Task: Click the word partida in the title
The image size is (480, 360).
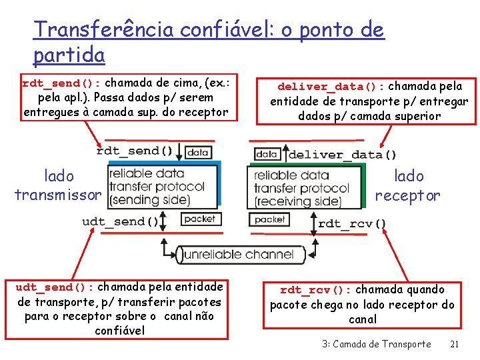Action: coord(69,54)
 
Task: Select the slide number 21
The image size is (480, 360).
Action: coord(454,344)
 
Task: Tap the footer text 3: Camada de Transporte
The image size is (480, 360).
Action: coord(376,344)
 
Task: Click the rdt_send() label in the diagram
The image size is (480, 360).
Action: coord(135,151)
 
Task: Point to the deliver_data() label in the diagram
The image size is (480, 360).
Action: coord(342,155)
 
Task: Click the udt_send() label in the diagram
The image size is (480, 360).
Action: coord(121,221)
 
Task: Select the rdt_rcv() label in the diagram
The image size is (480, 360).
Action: coord(351,223)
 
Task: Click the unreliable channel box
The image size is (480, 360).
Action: coord(238,254)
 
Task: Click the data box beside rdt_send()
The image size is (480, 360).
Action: coord(198,152)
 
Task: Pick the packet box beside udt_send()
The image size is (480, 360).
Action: coord(199,219)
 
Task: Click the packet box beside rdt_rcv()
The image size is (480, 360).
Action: coord(269,219)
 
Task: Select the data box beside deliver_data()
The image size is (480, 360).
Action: coord(267,154)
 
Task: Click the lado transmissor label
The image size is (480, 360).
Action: coord(59,185)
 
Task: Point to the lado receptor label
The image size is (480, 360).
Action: coord(408,185)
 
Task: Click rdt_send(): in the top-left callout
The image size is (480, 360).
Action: coord(61,84)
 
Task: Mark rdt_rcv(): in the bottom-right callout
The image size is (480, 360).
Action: coord(315,290)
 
